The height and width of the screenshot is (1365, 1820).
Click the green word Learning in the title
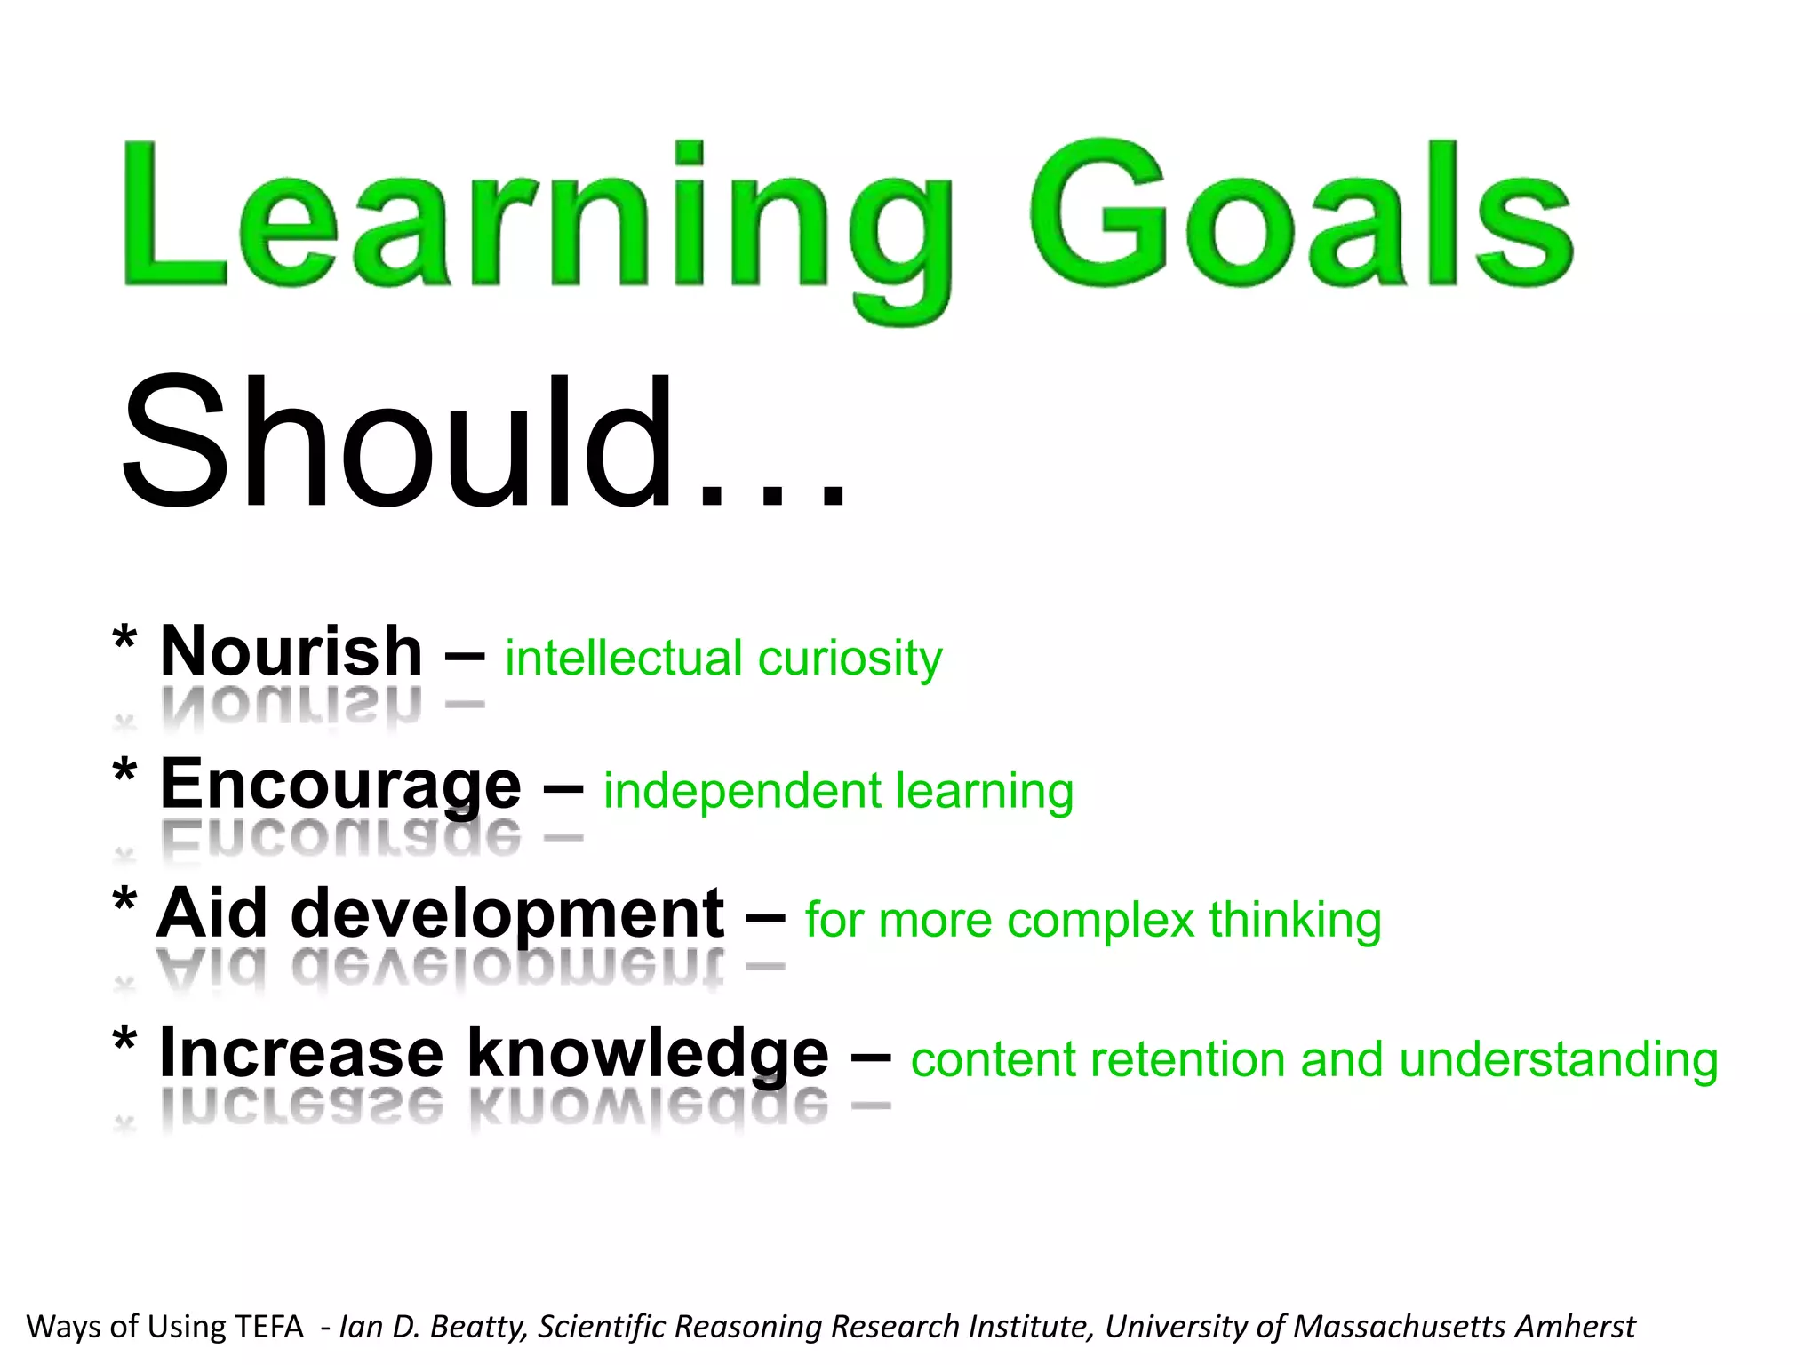click(x=533, y=222)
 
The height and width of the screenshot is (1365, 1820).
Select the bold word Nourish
click(x=291, y=651)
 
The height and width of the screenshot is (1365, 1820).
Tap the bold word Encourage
click(x=340, y=786)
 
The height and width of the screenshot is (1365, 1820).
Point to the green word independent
click(x=742, y=791)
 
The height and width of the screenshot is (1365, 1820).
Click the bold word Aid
click(x=212, y=914)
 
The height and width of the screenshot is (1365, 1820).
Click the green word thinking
click(x=1295, y=920)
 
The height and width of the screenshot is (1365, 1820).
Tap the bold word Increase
click(x=300, y=1053)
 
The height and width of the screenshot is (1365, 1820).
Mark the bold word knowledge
click(x=648, y=1053)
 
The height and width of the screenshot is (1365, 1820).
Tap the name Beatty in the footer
click(x=478, y=1327)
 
